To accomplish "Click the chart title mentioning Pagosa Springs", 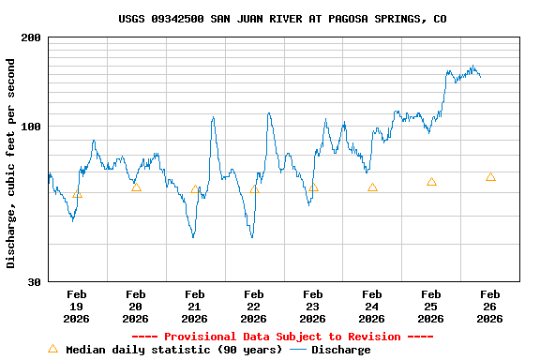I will click(282, 19).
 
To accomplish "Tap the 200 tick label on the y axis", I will click(31, 37).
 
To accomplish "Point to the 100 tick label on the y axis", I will click(31, 127).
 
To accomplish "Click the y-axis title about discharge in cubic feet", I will click(11, 163).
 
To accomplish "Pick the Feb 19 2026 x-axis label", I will click(77, 306).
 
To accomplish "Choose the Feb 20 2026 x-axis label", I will click(136, 306).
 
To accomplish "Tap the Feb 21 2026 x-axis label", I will click(195, 306).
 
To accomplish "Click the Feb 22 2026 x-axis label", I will click(254, 306).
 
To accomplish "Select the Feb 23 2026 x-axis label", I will click(313, 306).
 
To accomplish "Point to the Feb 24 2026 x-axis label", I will click(372, 306).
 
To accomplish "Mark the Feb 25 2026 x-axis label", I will click(431, 306).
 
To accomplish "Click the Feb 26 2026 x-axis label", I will click(490, 306).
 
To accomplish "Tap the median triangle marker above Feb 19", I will click(77, 194).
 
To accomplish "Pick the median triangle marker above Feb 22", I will click(254, 188).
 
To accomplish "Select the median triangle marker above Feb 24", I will click(372, 187).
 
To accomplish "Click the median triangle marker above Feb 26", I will click(490, 177).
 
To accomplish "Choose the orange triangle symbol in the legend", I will click(52, 349).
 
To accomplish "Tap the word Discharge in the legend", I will click(340, 350).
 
